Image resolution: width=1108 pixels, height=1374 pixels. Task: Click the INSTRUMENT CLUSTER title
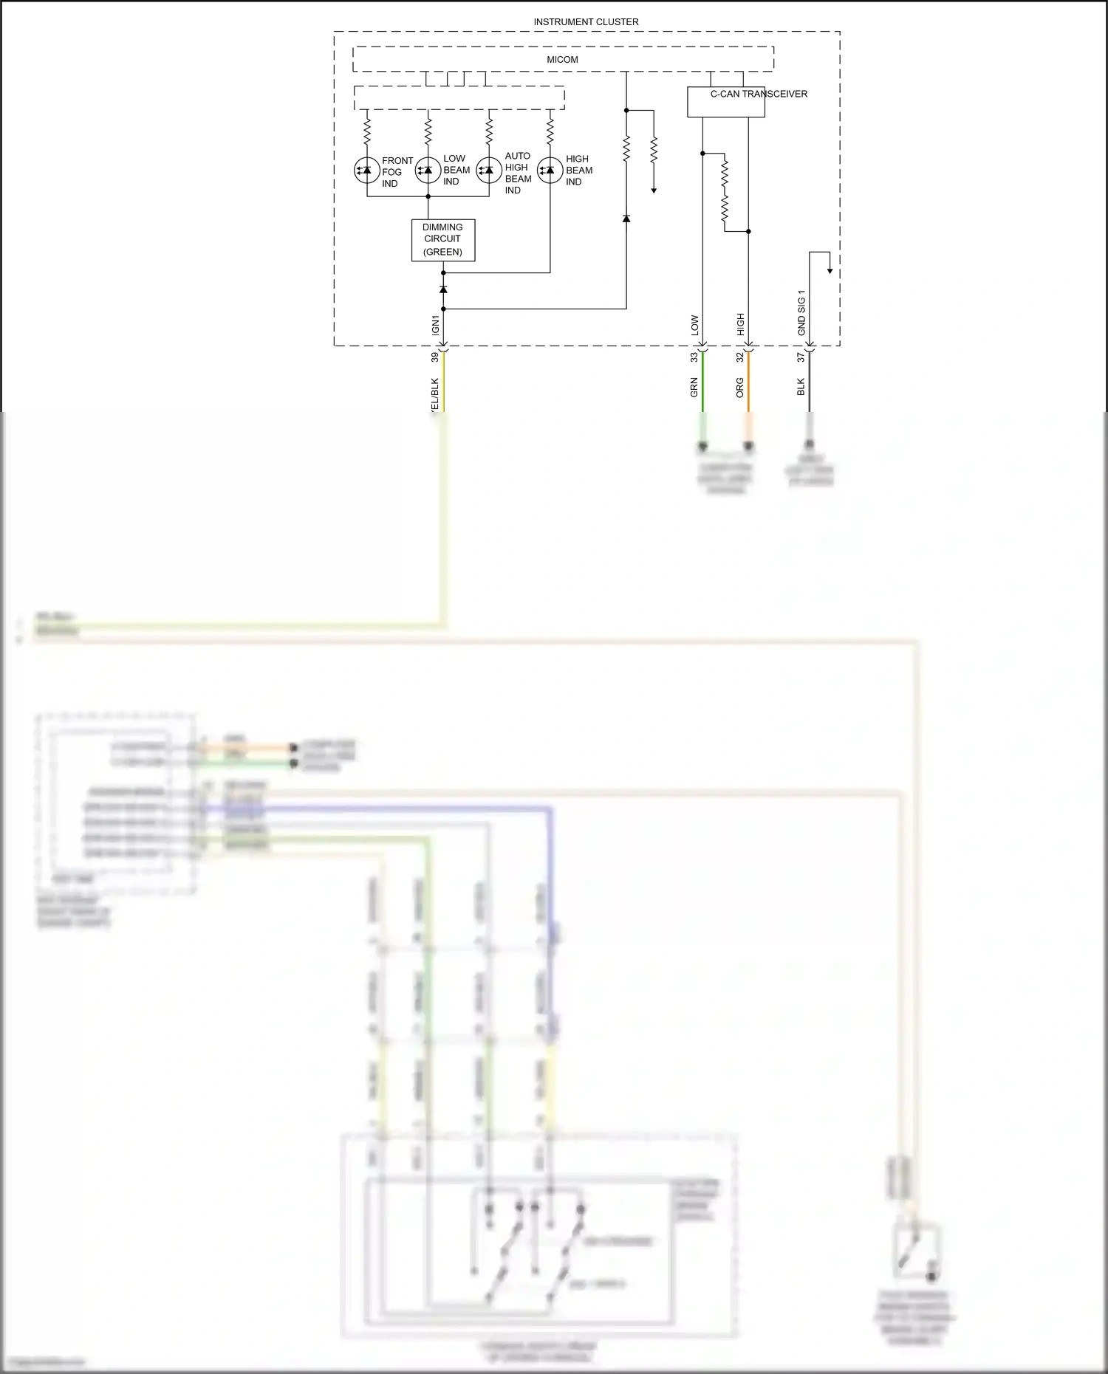coord(586,22)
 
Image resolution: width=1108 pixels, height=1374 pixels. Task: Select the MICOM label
coord(562,60)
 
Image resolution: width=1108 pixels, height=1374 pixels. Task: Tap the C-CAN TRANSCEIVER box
coord(725,103)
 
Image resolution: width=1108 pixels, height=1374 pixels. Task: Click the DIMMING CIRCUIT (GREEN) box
coord(442,240)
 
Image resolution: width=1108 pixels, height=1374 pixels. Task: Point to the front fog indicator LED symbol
coord(367,171)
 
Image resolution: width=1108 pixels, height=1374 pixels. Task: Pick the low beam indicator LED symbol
coord(428,171)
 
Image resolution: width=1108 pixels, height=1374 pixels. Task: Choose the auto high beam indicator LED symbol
coord(489,171)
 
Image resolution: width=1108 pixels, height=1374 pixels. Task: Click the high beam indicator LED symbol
coord(550,171)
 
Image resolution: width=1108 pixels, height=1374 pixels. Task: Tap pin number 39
coord(434,357)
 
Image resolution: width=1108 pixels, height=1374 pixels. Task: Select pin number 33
coord(694,357)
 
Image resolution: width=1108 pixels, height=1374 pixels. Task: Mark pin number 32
coord(739,357)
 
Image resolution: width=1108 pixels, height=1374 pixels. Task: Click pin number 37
coord(801,357)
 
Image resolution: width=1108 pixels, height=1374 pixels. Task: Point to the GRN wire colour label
coord(694,388)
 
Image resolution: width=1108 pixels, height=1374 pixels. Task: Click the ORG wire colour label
coord(739,388)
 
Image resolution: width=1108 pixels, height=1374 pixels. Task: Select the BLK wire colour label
coord(801,387)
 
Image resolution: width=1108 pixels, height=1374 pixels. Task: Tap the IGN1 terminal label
coord(435,325)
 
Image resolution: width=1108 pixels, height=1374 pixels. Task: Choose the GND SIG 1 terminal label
coord(801,312)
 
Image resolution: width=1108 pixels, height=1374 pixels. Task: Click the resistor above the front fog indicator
coord(367,132)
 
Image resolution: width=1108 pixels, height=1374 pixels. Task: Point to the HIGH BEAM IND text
coord(578,171)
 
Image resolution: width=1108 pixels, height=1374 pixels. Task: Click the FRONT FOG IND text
coord(397,172)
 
